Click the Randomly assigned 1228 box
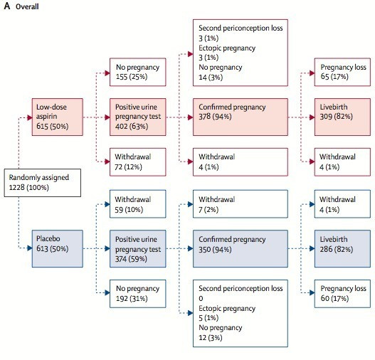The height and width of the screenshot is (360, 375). point(43,183)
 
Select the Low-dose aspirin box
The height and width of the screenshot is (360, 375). point(58,117)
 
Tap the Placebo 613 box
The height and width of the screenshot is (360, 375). point(58,248)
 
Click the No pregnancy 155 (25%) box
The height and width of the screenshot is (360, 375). point(138,72)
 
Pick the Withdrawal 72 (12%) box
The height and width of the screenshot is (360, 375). point(138,162)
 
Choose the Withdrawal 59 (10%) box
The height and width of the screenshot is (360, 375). point(138,204)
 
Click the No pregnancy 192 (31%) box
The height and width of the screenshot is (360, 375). point(138,294)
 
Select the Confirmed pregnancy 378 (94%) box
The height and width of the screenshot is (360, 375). point(241,117)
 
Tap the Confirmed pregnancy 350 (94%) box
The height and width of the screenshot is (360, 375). point(241,248)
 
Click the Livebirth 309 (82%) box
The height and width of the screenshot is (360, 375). point(342,117)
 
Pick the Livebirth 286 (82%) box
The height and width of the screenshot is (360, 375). point(342,248)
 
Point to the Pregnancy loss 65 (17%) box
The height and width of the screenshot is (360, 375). point(342,72)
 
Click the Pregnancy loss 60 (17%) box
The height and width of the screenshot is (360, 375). point(342,294)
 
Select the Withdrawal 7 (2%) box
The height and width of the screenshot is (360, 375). point(241,204)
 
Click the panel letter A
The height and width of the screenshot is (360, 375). point(7,6)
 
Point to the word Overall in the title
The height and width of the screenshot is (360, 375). point(27,6)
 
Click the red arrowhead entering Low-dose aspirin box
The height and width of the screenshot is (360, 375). point(29,117)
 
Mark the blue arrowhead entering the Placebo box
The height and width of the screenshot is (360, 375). point(29,248)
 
